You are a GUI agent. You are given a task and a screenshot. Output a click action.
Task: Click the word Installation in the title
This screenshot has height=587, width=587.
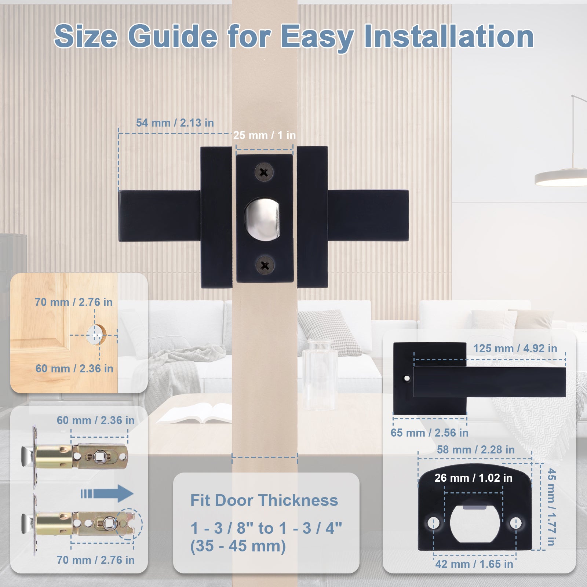448,36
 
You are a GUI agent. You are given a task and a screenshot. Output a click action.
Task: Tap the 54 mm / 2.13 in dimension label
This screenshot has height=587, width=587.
175,123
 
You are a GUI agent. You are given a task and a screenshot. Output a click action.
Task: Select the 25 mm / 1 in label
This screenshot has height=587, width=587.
265,135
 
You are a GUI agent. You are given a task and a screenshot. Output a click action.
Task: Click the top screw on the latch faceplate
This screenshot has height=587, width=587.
264,172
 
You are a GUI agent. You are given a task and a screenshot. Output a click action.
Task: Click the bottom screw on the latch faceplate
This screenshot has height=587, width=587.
265,265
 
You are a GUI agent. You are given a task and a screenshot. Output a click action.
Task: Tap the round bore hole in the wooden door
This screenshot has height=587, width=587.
96,335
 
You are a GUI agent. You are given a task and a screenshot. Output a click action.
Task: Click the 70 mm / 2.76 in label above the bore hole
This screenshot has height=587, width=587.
74,302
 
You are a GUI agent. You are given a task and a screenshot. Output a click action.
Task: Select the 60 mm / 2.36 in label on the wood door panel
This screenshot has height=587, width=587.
74,369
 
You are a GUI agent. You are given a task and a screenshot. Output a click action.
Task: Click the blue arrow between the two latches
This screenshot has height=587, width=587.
107,493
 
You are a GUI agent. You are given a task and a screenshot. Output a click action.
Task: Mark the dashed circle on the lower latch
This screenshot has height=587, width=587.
129,524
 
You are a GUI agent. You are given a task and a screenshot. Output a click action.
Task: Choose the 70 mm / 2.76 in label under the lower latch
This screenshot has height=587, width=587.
95,560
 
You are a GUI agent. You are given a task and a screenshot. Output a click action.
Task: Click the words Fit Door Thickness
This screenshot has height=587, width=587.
264,500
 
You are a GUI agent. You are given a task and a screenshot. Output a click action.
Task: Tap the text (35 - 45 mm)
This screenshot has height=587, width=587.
238,546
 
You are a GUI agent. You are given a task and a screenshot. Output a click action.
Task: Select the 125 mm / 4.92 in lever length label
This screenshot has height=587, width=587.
515,349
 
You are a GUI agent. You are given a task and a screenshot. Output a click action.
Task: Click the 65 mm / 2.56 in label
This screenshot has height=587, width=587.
429,433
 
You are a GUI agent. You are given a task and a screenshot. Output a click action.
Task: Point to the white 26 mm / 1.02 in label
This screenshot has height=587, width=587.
473,478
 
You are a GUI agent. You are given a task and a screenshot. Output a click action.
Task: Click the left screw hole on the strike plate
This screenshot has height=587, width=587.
433,522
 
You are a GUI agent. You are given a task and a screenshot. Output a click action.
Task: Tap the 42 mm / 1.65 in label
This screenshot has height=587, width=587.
474,564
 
